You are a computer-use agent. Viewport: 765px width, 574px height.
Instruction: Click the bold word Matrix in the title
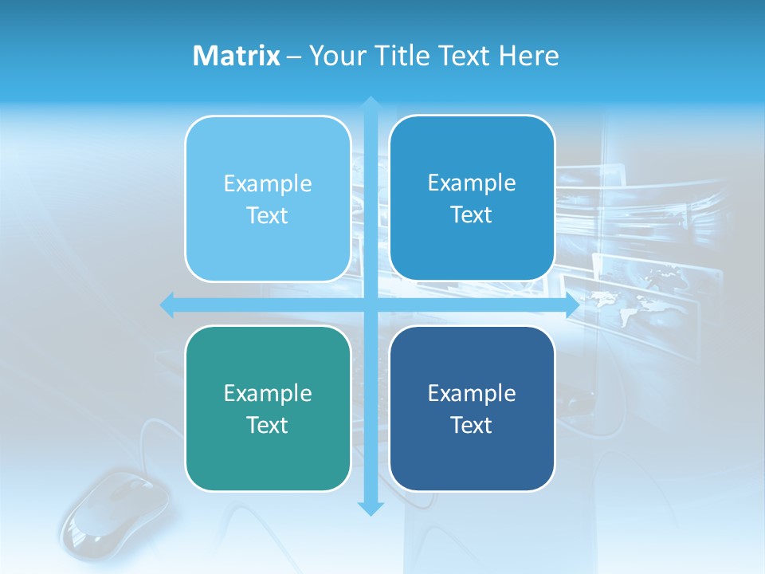pyautogui.click(x=236, y=56)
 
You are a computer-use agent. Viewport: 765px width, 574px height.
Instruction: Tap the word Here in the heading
pyautogui.click(x=528, y=56)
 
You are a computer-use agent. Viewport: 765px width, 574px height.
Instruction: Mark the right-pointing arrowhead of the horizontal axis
pyautogui.click(x=571, y=305)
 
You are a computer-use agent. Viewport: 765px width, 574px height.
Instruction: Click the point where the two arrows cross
pyautogui.click(x=371, y=305)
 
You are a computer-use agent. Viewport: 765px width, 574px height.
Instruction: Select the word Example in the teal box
pyautogui.click(x=268, y=393)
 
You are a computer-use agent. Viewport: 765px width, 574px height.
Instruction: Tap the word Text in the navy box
pyautogui.click(x=472, y=425)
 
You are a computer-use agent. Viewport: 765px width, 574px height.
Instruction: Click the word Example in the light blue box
pyautogui.click(x=268, y=183)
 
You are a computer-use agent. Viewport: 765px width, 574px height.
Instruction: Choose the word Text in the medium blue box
pyautogui.click(x=472, y=214)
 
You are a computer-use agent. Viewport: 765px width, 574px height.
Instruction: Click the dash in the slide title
pyautogui.click(x=294, y=57)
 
